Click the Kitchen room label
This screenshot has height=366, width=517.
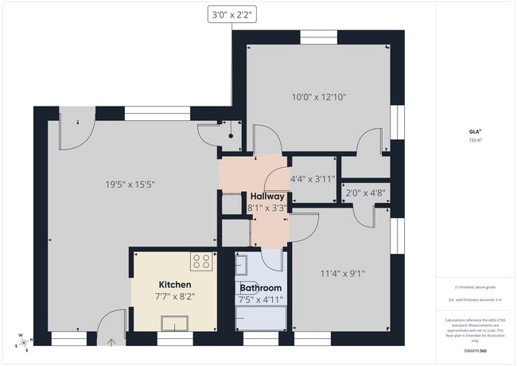[174, 285]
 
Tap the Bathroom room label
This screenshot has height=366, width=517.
[260, 288]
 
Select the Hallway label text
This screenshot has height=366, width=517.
[267, 197]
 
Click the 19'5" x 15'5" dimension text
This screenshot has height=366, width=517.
[130, 185]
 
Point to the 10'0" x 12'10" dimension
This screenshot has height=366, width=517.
[319, 97]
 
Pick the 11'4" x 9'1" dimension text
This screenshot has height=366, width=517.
[342, 274]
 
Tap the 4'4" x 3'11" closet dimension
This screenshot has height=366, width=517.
[313, 179]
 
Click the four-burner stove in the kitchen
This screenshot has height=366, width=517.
[201, 261]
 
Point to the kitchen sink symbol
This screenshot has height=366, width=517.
[174, 321]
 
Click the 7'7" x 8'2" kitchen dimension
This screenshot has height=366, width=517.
[176, 296]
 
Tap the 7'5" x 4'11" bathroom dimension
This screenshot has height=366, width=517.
[260, 300]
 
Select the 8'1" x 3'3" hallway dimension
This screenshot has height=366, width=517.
[268, 208]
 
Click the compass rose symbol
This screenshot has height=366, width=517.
[24, 341]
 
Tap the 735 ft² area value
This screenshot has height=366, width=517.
[476, 140]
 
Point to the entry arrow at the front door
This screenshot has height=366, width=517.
[112, 343]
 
